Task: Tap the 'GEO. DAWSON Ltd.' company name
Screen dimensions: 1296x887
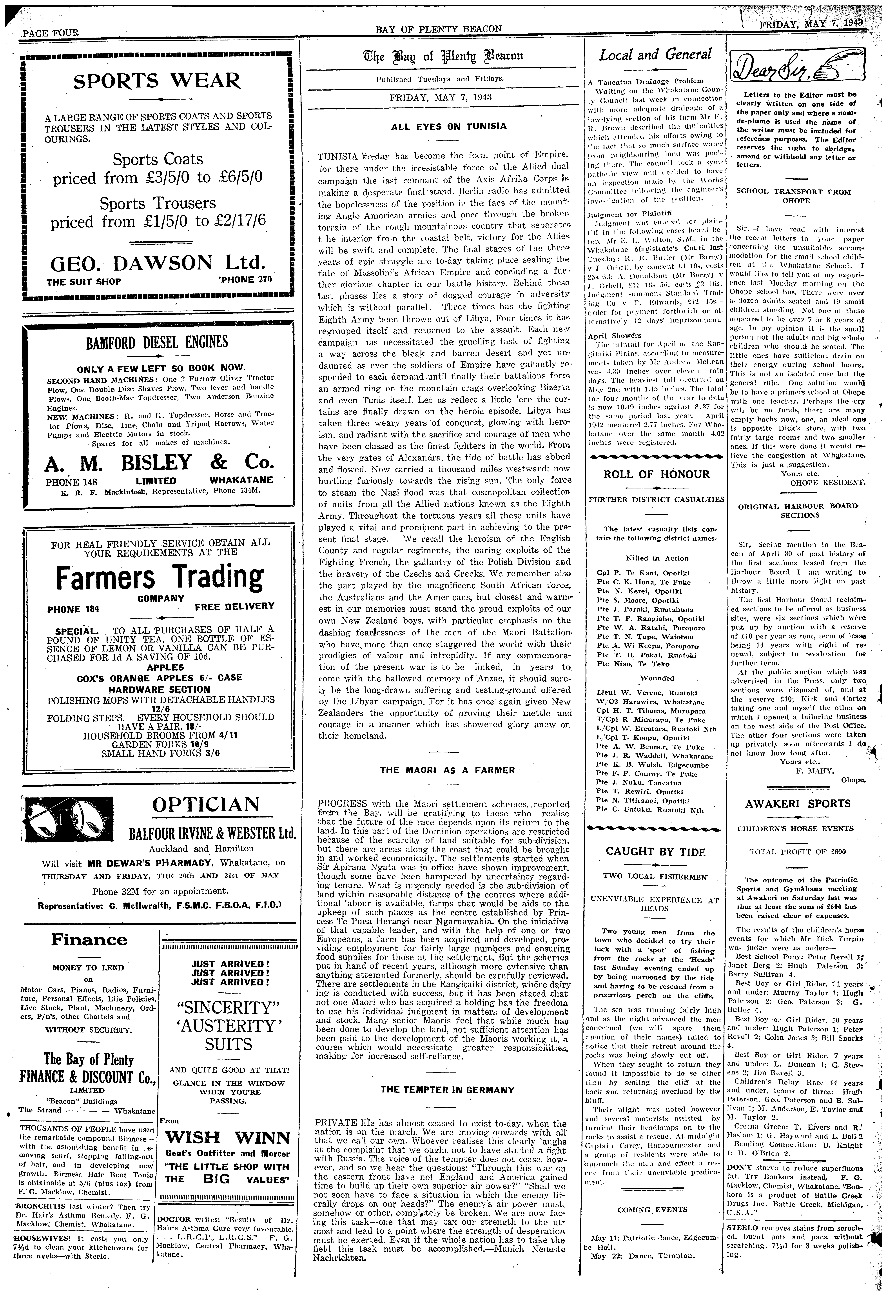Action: (x=157, y=262)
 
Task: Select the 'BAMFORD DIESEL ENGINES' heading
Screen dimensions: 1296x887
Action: (x=157, y=341)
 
